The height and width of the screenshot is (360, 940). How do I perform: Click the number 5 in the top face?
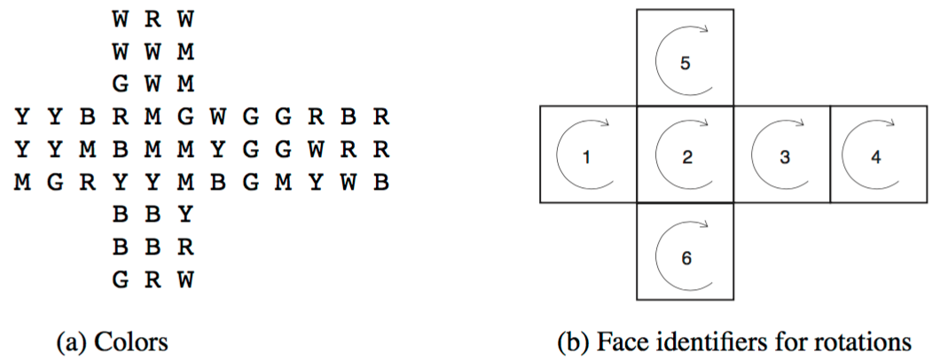685,64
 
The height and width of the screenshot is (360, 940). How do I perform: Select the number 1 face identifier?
587,158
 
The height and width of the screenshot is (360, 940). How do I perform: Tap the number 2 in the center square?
687,158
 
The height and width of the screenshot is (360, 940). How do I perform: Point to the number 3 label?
785,158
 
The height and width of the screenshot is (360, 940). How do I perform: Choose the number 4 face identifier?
876,158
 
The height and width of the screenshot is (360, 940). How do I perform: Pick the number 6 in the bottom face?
686,258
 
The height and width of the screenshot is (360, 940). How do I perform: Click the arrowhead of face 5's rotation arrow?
706,28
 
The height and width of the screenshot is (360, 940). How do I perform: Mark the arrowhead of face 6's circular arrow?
706,225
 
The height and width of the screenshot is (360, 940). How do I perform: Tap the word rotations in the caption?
871,343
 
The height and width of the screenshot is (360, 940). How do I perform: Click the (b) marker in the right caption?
570,344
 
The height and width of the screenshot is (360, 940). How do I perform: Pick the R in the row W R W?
153,20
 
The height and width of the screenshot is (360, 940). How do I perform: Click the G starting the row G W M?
120,85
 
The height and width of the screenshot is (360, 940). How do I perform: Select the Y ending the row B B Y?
186,214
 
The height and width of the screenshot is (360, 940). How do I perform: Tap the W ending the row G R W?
186,279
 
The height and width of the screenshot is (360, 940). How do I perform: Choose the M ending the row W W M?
186,52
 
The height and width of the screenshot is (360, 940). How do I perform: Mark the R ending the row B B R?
186,247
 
